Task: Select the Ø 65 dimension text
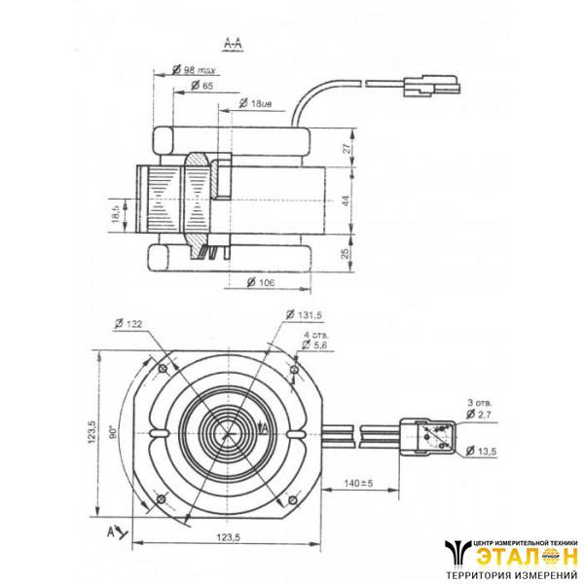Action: [201, 87]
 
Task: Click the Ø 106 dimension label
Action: [261, 283]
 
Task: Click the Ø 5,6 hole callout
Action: [316, 345]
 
